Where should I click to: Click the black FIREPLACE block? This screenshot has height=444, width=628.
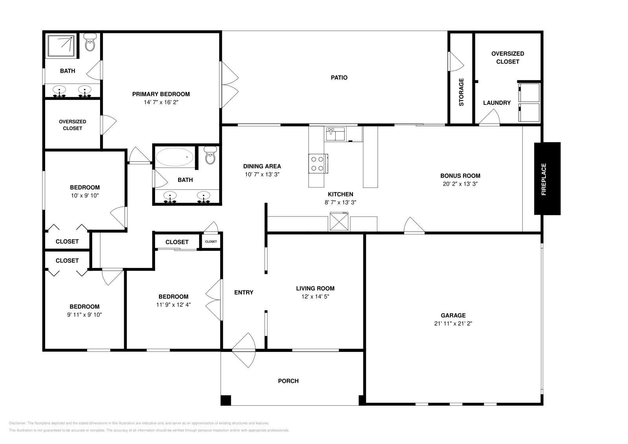[x=547, y=178]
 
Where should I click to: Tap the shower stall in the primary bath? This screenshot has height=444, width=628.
[x=61, y=46]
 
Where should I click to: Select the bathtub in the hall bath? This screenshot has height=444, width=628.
[x=175, y=157]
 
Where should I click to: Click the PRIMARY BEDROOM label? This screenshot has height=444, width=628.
[x=161, y=94]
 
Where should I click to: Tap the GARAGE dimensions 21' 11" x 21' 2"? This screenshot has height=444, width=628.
[x=453, y=324]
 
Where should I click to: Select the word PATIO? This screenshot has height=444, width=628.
[x=339, y=78]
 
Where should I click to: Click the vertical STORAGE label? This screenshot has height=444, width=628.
[x=461, y=92]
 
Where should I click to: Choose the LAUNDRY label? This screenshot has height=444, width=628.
[x=497, y=103]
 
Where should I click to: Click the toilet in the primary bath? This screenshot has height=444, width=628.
[x=90, y=43]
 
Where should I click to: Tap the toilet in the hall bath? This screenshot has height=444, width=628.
[x=211, y=156]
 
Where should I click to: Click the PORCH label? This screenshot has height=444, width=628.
[x=288, y=381]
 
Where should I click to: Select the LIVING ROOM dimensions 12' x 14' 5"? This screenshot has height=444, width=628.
[x=315, y=297]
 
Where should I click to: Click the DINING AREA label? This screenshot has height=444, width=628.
[x=262, y=166]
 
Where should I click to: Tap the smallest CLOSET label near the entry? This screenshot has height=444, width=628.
[x=211, y=242]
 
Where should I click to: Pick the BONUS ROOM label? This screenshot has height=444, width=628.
[x=460, y=176]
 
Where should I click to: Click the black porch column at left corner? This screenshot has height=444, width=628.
[x=226, y=400]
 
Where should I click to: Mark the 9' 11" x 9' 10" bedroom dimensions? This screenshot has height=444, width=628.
[x=84, y=315]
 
